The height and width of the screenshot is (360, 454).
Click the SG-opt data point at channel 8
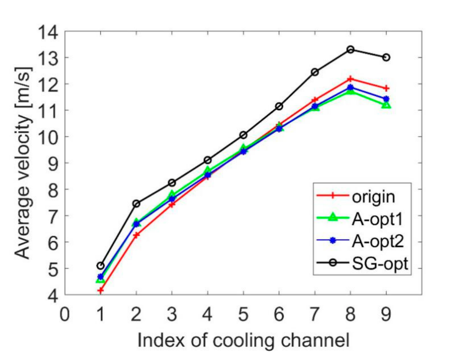tap(351, 50)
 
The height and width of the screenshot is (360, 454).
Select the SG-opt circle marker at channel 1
tap(100, 266)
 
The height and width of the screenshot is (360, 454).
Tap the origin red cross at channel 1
tap(100, 290)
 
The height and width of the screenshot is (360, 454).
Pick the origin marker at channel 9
tap(386, 88)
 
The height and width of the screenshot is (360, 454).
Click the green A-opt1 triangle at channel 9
tap(386, 105)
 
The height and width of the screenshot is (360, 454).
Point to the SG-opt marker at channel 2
tap(136, 204)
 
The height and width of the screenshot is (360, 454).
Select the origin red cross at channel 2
tap(136, 235)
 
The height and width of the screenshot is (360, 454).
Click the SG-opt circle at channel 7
tap(315, 72)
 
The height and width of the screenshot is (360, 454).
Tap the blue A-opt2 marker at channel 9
tap(386, 99)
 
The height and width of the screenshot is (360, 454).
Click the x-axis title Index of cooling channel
tap(243, 340)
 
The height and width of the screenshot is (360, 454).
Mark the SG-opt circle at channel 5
tap(243, 135)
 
